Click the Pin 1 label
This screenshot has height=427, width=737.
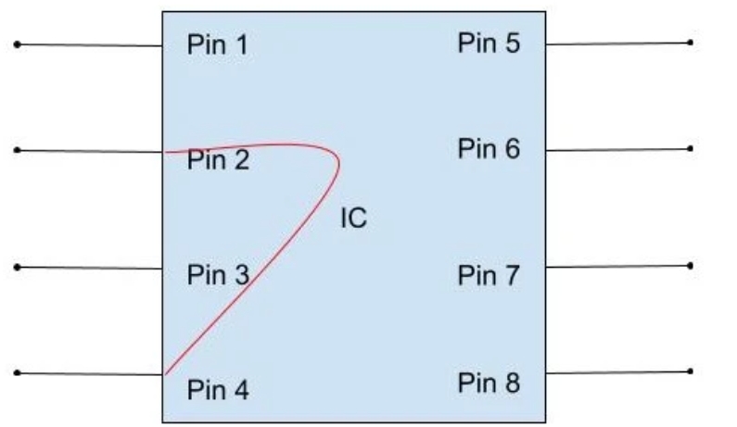[218, 45]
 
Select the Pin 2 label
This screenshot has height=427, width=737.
[218, 161]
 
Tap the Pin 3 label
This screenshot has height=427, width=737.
[218, 275]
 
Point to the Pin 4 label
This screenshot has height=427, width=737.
[218, 390]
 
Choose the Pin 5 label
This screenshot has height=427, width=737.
[489, 43]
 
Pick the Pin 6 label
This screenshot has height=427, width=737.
[489, 148]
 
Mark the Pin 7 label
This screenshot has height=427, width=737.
[489, 275]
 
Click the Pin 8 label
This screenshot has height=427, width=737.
[489, 383]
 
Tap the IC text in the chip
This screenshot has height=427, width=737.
[353, 220]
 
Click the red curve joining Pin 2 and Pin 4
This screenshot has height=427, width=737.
[297, 228]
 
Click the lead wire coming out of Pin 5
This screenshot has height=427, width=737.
[617, 43]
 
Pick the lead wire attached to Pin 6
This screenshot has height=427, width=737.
[617, 148]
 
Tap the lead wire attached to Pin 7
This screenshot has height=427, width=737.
[617, 266]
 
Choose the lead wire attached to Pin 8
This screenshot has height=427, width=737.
[617, 372]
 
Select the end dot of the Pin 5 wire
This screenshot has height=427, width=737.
[690, 42]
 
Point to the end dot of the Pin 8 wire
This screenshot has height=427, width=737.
[690, 371]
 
